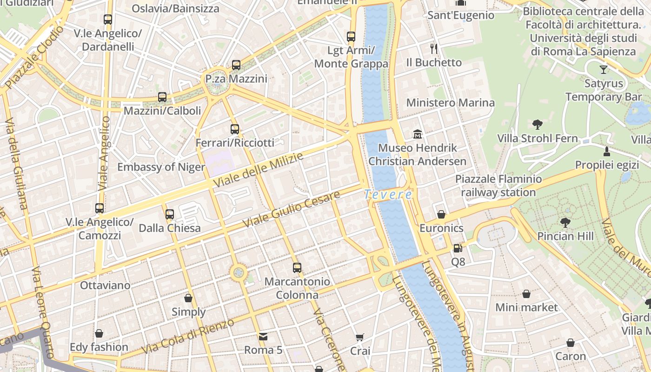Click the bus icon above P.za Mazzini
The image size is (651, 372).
pyautogui.click(x=236, y=65)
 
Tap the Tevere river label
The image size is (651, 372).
pyautogui.click(x=388, y=195)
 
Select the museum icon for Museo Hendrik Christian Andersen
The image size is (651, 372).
pyautogui.click(x=417, y=134)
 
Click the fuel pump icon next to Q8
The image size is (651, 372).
pyautogui.click(x=458, y=248)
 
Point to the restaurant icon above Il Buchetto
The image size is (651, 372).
pyautogui.click(x=434, y=48)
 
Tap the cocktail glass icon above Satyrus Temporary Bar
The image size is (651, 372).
pyautogui.click(x=604, y=70)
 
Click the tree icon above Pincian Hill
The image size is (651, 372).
pyautogui.click(x=565, y=222)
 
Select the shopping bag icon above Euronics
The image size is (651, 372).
pyautogui.click(x=441, y=214)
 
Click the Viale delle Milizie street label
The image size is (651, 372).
pyautogui.click(x=259, y=170)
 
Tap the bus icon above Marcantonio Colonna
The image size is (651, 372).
pyautogui.click(x=297, y=268)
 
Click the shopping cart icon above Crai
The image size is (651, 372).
pyautogui.click(x=360, y=337)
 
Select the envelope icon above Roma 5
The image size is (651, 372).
pyautogui.click(x=263, y=336)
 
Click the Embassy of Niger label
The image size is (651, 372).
pyautogui.click(x=161, y=167)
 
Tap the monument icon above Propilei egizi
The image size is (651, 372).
pyautogui.click(x=606, y=151)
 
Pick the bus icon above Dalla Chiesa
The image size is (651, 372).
pyautogui.click(x=170, y=214)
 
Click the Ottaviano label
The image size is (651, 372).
pyautogui.click(x=105, y=285)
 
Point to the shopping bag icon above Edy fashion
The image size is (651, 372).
pyautogui.click(x=99, y=333)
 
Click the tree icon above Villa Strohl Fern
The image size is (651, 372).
pyautogui.click(x=538, y=125)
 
